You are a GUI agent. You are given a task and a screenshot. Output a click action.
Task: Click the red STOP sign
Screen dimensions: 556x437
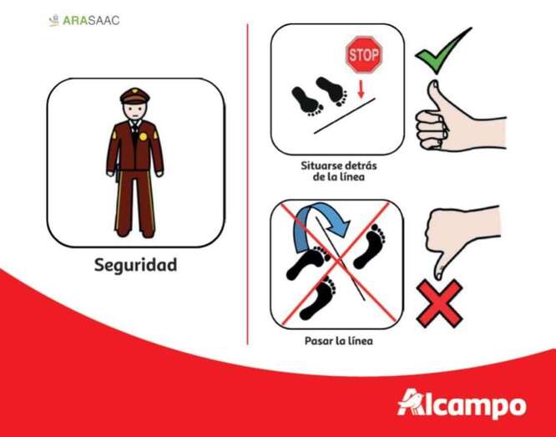point(364,54)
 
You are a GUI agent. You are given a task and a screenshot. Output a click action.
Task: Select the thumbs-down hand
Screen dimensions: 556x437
point(461,234)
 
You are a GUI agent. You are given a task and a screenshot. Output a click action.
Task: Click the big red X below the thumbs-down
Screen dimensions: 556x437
point(439,302)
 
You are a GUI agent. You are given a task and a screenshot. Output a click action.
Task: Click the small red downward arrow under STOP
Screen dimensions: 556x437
point(361,89)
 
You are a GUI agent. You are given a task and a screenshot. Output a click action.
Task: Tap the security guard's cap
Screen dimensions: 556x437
point(134,95)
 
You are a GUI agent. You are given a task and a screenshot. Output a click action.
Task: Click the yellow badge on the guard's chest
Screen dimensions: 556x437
point(143,136)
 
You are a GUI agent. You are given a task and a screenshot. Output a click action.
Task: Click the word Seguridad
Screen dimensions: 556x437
point(135,265)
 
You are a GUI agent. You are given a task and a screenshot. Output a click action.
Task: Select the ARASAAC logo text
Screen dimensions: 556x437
point(91,21)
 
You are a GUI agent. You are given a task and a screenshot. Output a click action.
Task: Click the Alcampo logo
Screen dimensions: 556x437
point(462,404)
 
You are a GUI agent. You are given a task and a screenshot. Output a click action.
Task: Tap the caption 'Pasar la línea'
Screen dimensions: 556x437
point(339,341)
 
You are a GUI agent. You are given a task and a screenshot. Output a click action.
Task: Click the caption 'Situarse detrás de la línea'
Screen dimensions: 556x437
point(339,171)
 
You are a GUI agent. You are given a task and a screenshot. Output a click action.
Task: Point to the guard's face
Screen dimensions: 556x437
point(134,112)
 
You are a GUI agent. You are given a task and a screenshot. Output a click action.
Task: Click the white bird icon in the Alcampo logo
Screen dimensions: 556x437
point(412,401)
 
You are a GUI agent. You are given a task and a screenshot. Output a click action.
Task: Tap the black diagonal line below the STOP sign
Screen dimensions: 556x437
point(344,116)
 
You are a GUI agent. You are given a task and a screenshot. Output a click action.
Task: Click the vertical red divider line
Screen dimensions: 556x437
point(247,184)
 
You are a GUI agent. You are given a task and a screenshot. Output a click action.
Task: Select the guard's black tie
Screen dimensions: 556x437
point(134,132)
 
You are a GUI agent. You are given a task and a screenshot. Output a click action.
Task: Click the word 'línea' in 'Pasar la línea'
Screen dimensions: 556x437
point(360,341)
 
